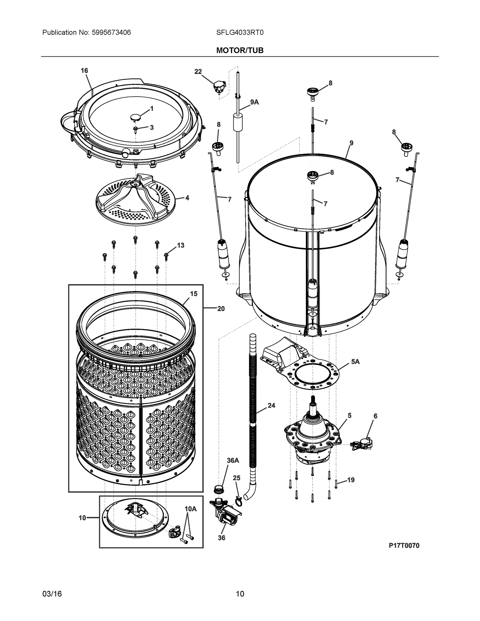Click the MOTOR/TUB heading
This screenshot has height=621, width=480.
tap(240, 50)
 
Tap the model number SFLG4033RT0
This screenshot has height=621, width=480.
tap(240, 32)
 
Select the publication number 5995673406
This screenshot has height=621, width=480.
tap(111, 32)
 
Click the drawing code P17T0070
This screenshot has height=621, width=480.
tap(404, 545)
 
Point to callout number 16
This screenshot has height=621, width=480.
tap(84, 71)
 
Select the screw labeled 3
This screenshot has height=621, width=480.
tap(136, 129)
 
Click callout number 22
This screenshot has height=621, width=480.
tap(198, 72)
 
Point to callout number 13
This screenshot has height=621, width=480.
tap(181, 245)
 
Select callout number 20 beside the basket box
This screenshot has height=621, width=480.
tap(221, 308)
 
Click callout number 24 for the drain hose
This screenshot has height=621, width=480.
tap(271, 405)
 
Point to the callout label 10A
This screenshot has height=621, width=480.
tap(190, 509)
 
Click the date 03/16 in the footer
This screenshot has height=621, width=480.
tap(52, 594)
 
